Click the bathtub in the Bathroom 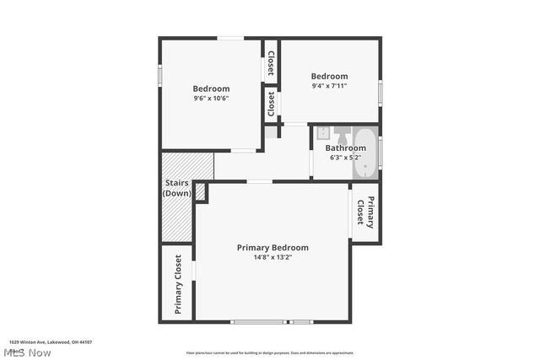(x=366, y=152)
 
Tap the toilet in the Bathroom (x=343, y=134)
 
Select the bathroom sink (x=322, y=132)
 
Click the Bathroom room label (x=346, y=148)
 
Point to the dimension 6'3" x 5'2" (x=345, y=158)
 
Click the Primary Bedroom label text (x=273, y=247)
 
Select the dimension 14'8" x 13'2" (x=273, y=258)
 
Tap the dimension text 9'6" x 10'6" (x=211, y=98)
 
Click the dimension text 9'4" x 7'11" (x=329, y=85)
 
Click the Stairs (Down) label (x=177, y=188)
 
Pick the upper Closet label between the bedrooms (x=271, y=62)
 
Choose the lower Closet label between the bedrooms (x=271, y=104)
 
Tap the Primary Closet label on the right (x=364, y=212)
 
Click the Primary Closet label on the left (x=178, y=284)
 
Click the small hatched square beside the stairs (x=200, y=192)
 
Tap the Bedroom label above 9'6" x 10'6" (x=211, y=89)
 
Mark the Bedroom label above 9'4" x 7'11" (x=329, y=76)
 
